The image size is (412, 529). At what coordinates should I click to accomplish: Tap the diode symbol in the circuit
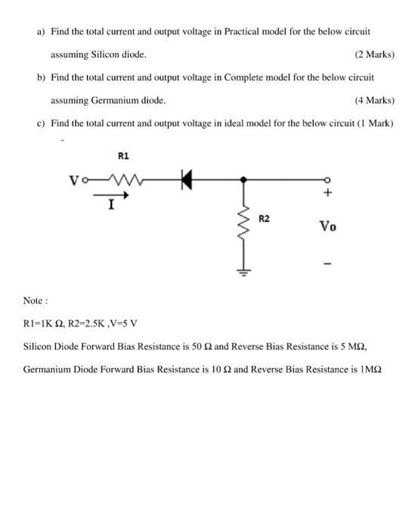click(184, 180)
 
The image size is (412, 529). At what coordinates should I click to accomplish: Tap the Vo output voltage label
click(327, 225)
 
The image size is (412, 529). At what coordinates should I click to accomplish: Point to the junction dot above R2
click(243, 180)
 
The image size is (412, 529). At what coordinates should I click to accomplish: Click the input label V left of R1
click(73, 181)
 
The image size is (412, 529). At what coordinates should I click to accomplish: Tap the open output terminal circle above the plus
click(327, 180)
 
